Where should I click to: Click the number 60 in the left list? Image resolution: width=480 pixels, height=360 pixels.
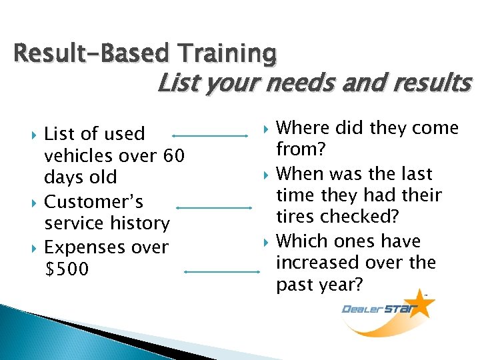173,156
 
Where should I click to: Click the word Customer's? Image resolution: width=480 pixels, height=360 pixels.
93,201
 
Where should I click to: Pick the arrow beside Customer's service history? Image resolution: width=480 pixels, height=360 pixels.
214,207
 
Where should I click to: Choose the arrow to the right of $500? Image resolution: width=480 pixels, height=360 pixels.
220,271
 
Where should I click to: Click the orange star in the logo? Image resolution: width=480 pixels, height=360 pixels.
421,305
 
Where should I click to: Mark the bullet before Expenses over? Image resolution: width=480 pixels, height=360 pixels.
33,248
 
